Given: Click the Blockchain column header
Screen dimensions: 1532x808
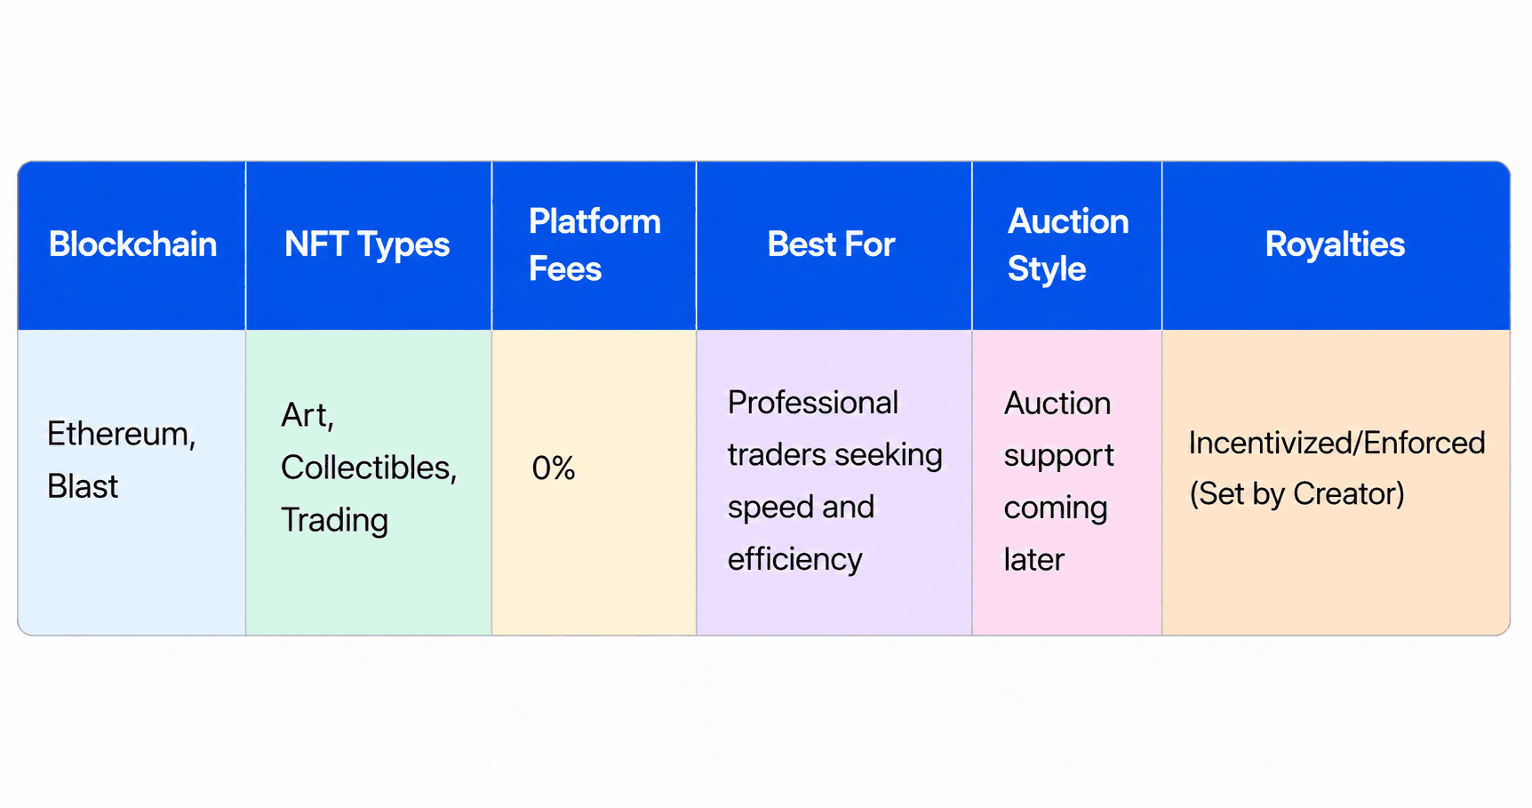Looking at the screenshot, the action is [132, 244].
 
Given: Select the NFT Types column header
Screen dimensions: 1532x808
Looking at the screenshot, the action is [367, 245].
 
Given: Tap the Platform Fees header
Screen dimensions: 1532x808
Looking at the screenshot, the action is [594, 244].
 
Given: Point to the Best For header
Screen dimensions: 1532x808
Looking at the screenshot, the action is [831, 244].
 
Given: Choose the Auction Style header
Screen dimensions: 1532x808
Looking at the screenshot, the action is [1068, 245].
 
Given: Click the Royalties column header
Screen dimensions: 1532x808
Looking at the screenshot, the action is [1335, 245].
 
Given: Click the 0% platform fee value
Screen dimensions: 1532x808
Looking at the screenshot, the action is [554, 468].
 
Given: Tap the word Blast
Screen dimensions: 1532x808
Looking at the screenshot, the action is [83, 486].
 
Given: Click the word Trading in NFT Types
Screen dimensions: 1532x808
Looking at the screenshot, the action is [334, 521].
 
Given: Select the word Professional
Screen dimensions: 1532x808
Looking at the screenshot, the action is [813, 403].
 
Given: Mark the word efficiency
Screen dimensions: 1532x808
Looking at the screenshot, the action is [795, 560].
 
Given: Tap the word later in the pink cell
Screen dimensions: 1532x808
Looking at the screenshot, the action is [1034, 560].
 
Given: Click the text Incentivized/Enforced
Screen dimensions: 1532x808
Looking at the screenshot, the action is [1337, 443].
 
